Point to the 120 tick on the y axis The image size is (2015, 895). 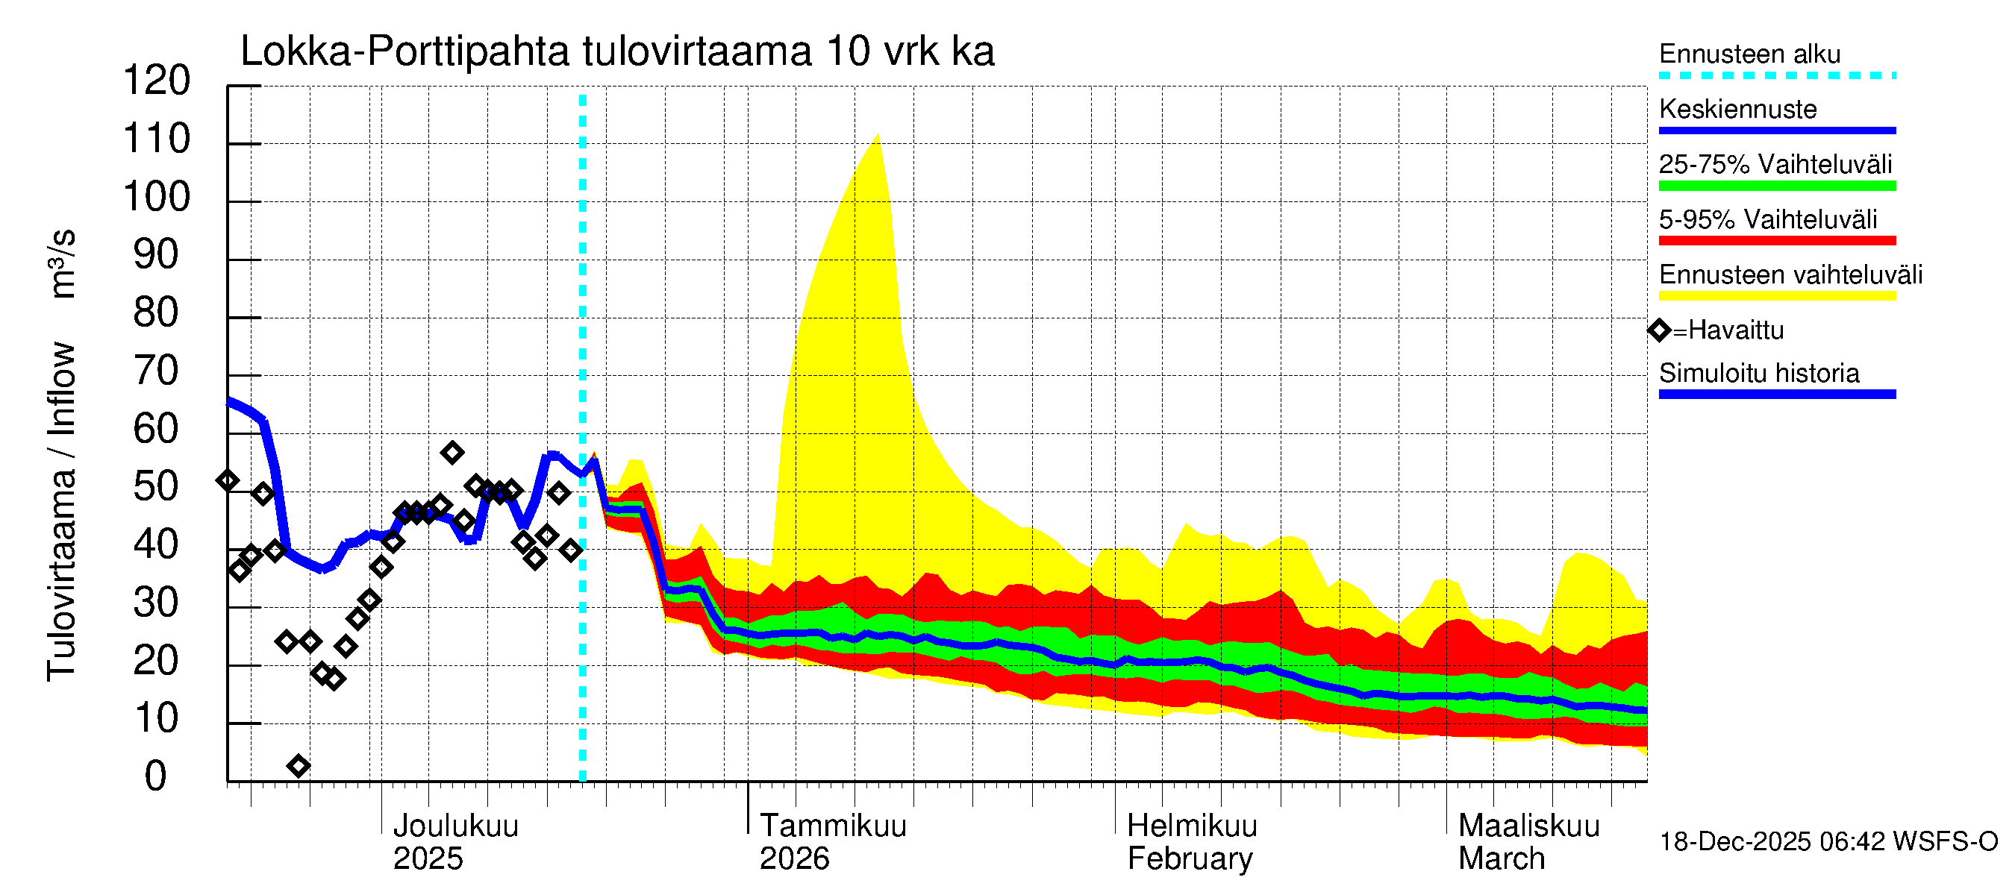click(157, 81)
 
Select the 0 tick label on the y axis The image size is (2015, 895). click(156, 776)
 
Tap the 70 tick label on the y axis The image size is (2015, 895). click(157, 371)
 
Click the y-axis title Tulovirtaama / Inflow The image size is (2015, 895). click(61, 511)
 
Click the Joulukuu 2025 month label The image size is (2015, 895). click(455, 842)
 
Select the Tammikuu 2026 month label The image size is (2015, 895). click(832, 842)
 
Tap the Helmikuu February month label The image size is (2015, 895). click(1191, 842)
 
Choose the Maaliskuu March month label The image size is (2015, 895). click(1528, 842)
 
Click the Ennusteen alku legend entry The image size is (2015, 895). click(1750, 54)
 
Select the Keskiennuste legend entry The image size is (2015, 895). click(1737, 110)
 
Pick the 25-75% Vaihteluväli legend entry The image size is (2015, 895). click(1775, 165)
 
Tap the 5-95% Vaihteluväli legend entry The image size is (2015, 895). click(1768, 219)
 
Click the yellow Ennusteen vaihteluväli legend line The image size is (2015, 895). click(1777, 296)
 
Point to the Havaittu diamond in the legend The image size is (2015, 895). click(1659, 330)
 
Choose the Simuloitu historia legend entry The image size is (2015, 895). click(1759, 374)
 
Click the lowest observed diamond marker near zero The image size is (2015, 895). click(298, 766)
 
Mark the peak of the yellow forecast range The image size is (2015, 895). click(878, 134)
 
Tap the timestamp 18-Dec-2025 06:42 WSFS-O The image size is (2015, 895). click(1828, 842)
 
